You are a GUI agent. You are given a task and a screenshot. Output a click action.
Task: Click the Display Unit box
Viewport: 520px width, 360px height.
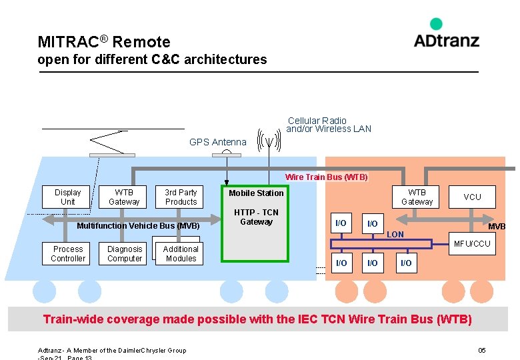(68, 197)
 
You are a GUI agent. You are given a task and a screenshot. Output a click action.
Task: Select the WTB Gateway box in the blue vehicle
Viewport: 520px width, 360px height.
(124, 197)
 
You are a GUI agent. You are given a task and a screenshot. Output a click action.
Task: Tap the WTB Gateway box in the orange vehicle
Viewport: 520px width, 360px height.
(417, 197)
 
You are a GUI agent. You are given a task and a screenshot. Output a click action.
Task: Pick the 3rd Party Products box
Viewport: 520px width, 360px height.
(181, 197)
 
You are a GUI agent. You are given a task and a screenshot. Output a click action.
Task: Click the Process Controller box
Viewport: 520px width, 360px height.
(68, 253)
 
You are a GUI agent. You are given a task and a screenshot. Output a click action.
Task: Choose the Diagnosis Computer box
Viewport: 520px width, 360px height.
(125, 253)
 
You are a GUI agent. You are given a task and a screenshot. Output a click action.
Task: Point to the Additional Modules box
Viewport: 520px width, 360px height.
(181, 253)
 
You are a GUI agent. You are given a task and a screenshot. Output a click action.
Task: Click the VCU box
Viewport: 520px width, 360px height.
(472, 197)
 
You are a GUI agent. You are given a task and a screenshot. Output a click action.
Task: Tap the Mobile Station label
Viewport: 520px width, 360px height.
(256, 193)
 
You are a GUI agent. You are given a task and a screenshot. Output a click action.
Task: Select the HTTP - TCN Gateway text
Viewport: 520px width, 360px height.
(256, 217)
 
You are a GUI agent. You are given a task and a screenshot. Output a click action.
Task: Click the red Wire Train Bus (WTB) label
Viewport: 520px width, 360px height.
(326, 177)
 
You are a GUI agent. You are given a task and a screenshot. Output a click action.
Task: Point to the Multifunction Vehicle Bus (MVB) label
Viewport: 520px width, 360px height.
(138, 226)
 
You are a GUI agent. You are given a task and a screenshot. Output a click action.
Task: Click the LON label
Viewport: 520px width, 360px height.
(395, 235)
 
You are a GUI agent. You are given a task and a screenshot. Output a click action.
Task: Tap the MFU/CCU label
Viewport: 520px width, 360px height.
(472, 244)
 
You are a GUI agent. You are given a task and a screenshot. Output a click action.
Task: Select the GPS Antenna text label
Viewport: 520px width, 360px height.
(217, 142)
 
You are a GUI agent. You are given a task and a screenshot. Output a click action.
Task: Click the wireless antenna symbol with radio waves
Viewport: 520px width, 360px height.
(269, 141)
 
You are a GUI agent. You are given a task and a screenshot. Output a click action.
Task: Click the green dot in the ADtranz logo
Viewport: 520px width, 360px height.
(436, 24)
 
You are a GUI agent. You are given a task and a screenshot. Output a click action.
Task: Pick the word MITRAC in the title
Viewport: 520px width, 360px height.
(67, 42)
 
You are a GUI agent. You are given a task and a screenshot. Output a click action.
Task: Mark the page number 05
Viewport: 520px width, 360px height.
(482, 351)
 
